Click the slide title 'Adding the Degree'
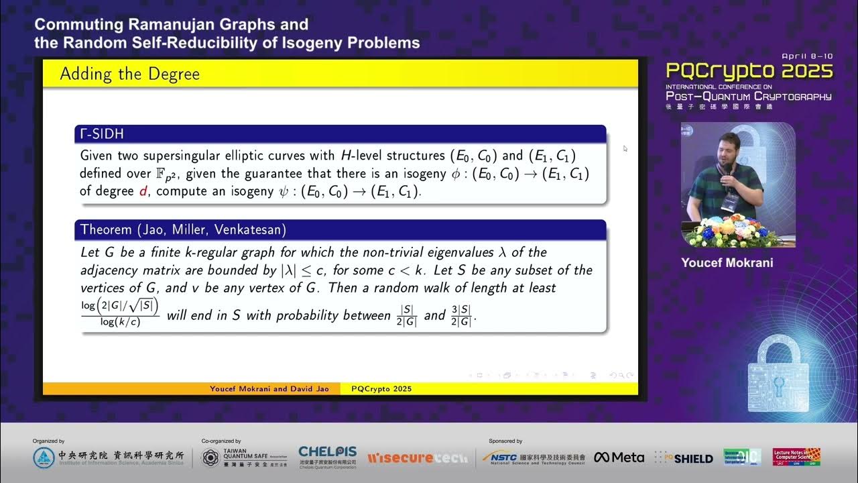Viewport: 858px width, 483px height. (x=130, y=74)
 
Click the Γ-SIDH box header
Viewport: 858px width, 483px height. (x=103, y=134)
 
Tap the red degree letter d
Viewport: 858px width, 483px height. (x=142, y=191)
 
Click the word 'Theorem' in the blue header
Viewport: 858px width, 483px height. (x=106, y=229)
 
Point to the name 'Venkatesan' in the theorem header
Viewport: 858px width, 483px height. (x=253, y=229)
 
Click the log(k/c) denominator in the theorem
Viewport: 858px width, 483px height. (x=120, y=323)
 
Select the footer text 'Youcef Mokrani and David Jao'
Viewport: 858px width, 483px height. (x=269, y=389)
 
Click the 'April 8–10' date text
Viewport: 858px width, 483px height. (x=807, y=56)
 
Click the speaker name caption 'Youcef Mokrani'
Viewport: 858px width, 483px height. (x=727, y=263)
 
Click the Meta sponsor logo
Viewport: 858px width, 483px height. (x=619, y=458)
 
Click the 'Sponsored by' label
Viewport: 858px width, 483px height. (x=505, y=441)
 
